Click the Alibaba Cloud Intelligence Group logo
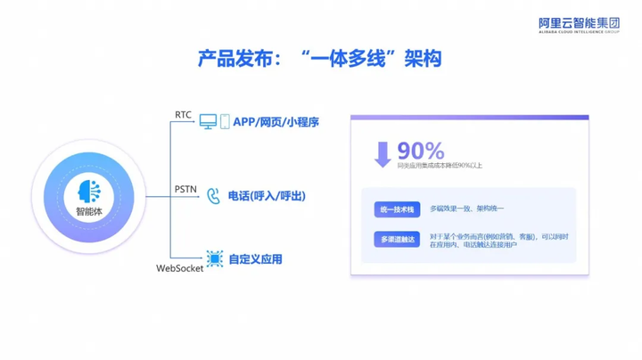pyautogui.click(x=580, y=26)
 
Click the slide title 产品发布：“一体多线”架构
pyautogui.click(x=320, y=59)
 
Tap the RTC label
pyautogui.click(x=183, y=114)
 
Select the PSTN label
pyautogui.click(x=185, y=188)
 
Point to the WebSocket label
pyautogui.click(x=179, y=267)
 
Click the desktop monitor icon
pyautogui.click(x=208, y=121)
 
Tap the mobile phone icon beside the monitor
pyautogui.click(x=225, y=121)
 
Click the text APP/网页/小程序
pyautogui.click(x=276, y=122)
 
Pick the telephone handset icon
pyautogui.click(x=213, y=195)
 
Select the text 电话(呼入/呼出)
pyautogui.click(x=267, y=195)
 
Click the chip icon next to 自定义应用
pyautogui.click(x=214, y=259)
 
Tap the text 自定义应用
pyautogui.click(x=255, y=259)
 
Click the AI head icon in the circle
pyautogui.click(x=89, y=191)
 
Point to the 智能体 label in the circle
pyautogui.click(x=89, y=212)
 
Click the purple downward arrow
pyautogui.click(x=383, y=154)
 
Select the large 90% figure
pyautogui.click(x=421, y=150)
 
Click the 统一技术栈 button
pyautogui.click(x=396, y=209)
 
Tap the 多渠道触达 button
pyautogui.click(x=396, y=240)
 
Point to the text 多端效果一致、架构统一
pyautogui.click(x=466, y=209)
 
